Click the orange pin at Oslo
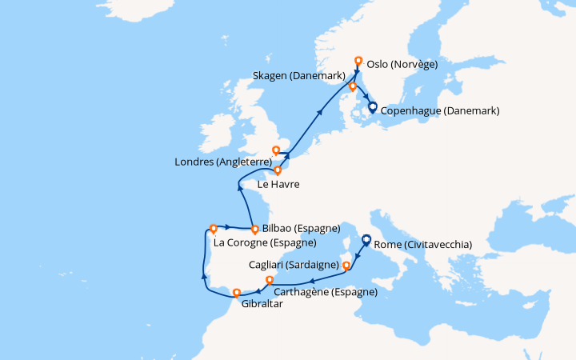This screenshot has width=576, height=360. (358, 61)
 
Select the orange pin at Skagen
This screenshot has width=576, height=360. (352, 86)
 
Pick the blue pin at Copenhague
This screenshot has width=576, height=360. (372, 109)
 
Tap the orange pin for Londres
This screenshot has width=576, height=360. (277, 150)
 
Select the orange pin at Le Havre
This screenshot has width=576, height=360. (278, 170)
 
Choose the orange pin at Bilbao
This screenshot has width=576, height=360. (254, 228)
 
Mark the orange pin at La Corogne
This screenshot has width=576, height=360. (213, 228)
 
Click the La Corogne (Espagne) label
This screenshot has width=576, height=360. (264, 242)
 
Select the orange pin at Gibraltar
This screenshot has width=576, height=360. (236, 293)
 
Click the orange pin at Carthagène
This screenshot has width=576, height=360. (270, 280)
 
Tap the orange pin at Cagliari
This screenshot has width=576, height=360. (346, 265)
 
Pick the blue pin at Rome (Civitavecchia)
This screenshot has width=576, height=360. (366, 238)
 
